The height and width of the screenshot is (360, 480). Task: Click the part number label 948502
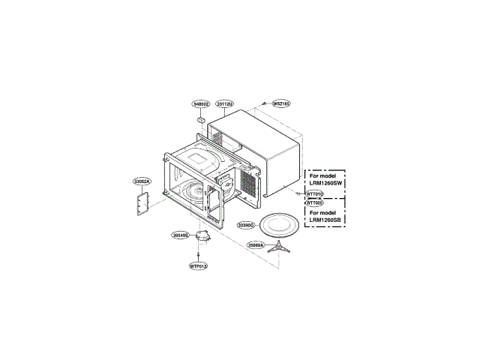click(x=200, y=103)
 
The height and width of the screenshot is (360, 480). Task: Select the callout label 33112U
click(x=225, y=103)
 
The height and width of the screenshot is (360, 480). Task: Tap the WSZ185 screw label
click(x=280, y=103)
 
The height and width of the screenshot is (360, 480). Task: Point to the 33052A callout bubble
click(x=142, y=181)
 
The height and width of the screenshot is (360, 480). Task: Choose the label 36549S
click(x=180, y=235)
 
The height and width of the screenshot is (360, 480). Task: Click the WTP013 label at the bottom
click(x=198, y=266)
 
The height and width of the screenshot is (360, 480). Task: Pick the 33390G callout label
click(x=246, y=224)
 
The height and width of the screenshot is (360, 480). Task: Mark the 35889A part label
click(x=256, y=244)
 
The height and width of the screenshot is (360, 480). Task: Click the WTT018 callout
click(x=314, y=193)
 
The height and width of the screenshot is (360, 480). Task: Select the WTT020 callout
click(x=314, y=202)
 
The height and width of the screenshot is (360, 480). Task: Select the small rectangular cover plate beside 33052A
click(x=142, y=202)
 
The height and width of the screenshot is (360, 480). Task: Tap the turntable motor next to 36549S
click(x=202, y=237)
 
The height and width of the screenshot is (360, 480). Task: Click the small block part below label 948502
click(x=201, y=118)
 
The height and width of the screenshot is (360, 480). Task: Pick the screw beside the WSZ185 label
click(x=265, y=106)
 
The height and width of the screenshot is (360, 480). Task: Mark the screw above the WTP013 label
click(x=198, y=254)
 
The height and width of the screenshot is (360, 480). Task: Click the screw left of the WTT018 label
click(x=300, y=192)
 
